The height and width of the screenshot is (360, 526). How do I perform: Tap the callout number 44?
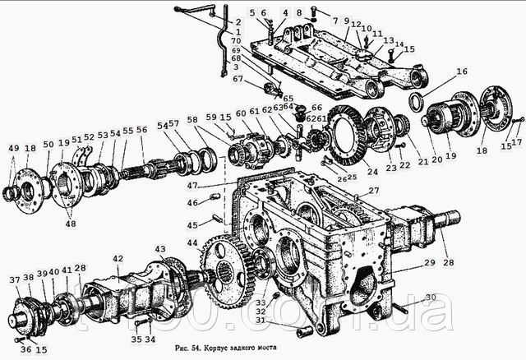click(x=192, y=243)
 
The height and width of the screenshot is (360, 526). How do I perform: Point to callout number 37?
click(x=14, y=280)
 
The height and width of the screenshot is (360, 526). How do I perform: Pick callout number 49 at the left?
click(x=12, y=148)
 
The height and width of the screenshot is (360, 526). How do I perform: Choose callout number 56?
click(x=141, y=130)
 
